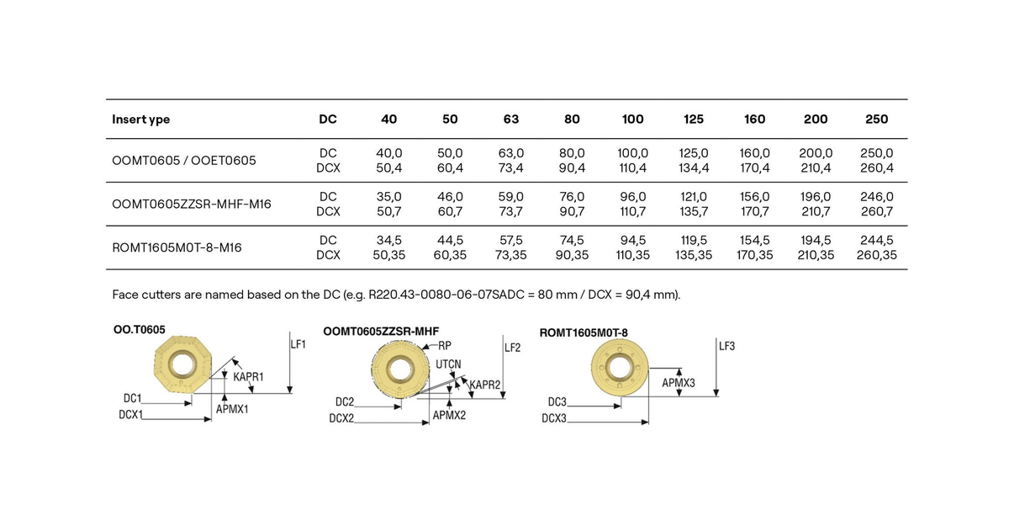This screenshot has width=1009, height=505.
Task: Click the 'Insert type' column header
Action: pos(140,120)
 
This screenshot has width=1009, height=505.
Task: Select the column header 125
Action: pos(694,120)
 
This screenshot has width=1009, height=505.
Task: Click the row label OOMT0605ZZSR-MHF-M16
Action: pos(191,204)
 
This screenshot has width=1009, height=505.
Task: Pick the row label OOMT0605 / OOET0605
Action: pos(183,160)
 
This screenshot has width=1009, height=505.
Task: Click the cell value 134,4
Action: pos(694,167)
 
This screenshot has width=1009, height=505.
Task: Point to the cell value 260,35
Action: pos(876,254)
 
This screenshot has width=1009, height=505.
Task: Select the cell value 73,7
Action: pos(511,211)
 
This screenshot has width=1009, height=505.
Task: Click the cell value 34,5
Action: pos(389,240)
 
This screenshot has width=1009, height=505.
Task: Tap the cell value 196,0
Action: pos(816,197)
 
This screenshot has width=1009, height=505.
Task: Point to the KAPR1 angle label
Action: pos(248,376)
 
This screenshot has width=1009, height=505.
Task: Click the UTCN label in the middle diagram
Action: pos(448,364)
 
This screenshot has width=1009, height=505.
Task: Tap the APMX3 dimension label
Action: pos(679,383)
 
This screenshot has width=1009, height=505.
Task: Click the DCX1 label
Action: pos(132,414)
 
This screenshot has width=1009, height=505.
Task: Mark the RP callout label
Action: pos(445,345)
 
